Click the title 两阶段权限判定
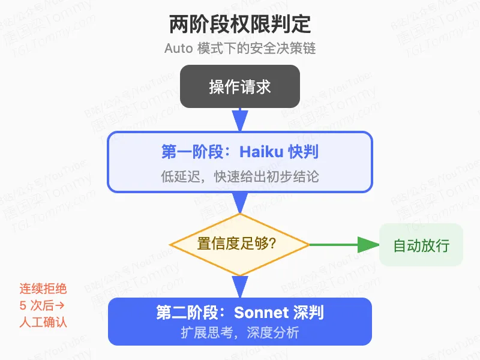pos(240,25)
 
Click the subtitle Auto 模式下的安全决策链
pos(240,49)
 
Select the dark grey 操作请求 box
pos(240,86)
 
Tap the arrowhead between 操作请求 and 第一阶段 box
pos(240,121)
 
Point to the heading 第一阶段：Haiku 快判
pos(240,152)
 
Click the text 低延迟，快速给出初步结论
pos(240,177)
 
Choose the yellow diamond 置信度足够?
pos(240,244)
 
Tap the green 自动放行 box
pos(421,245)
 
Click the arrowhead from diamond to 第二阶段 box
pos(240,287)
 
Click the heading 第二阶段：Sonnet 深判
pos(240,313)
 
